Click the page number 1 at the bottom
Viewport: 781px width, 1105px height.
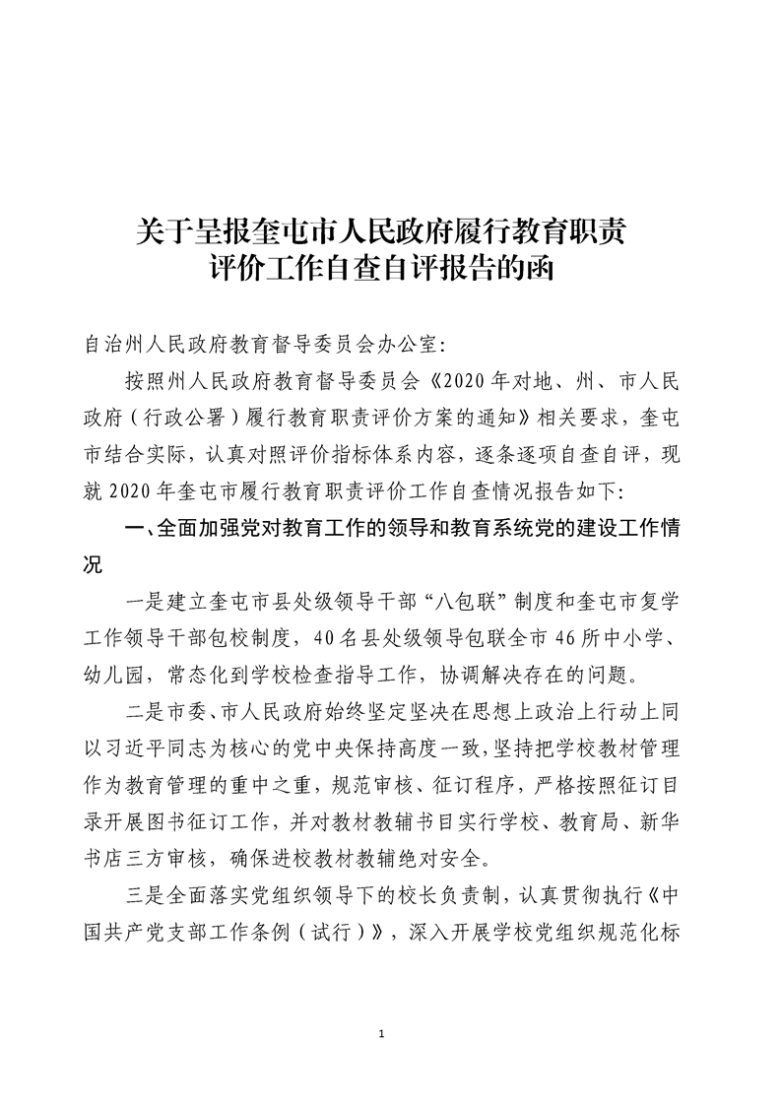392,1034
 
